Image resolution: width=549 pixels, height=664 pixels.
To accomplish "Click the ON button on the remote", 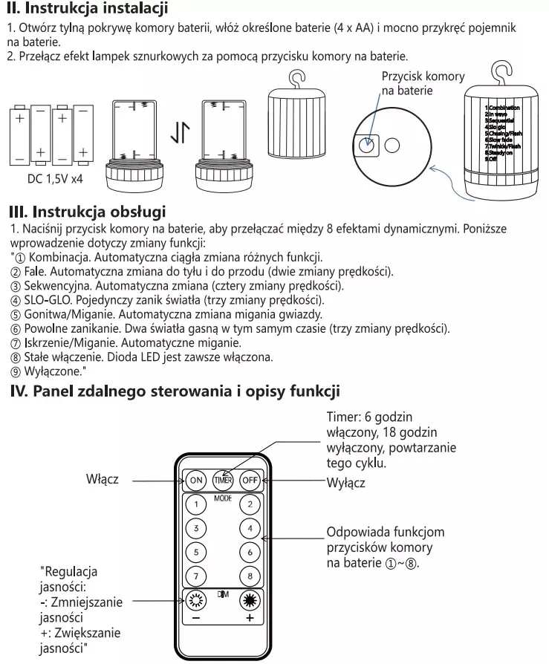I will tap(196, 480).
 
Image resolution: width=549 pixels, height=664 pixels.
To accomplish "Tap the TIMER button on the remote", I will tap(224, 480).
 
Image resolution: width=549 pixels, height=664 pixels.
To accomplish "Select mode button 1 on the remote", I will tap(195, 504).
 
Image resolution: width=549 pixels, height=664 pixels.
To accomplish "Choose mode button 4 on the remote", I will tap(250, 528).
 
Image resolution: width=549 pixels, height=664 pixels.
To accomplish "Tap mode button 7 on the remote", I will tap(195, 576).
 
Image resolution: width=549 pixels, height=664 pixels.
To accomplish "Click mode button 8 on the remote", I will tap(250, 576).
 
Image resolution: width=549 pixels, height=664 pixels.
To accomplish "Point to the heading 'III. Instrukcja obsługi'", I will tap(86, 213).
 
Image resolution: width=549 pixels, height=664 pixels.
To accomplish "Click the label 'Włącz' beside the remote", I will tap(103, 480).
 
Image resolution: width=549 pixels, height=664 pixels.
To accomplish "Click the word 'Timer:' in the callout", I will tap(343, 417).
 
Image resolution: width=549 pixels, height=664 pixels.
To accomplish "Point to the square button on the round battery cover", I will tap(366, 144).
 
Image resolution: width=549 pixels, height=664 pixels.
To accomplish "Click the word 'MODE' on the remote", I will tap(223, 498).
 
